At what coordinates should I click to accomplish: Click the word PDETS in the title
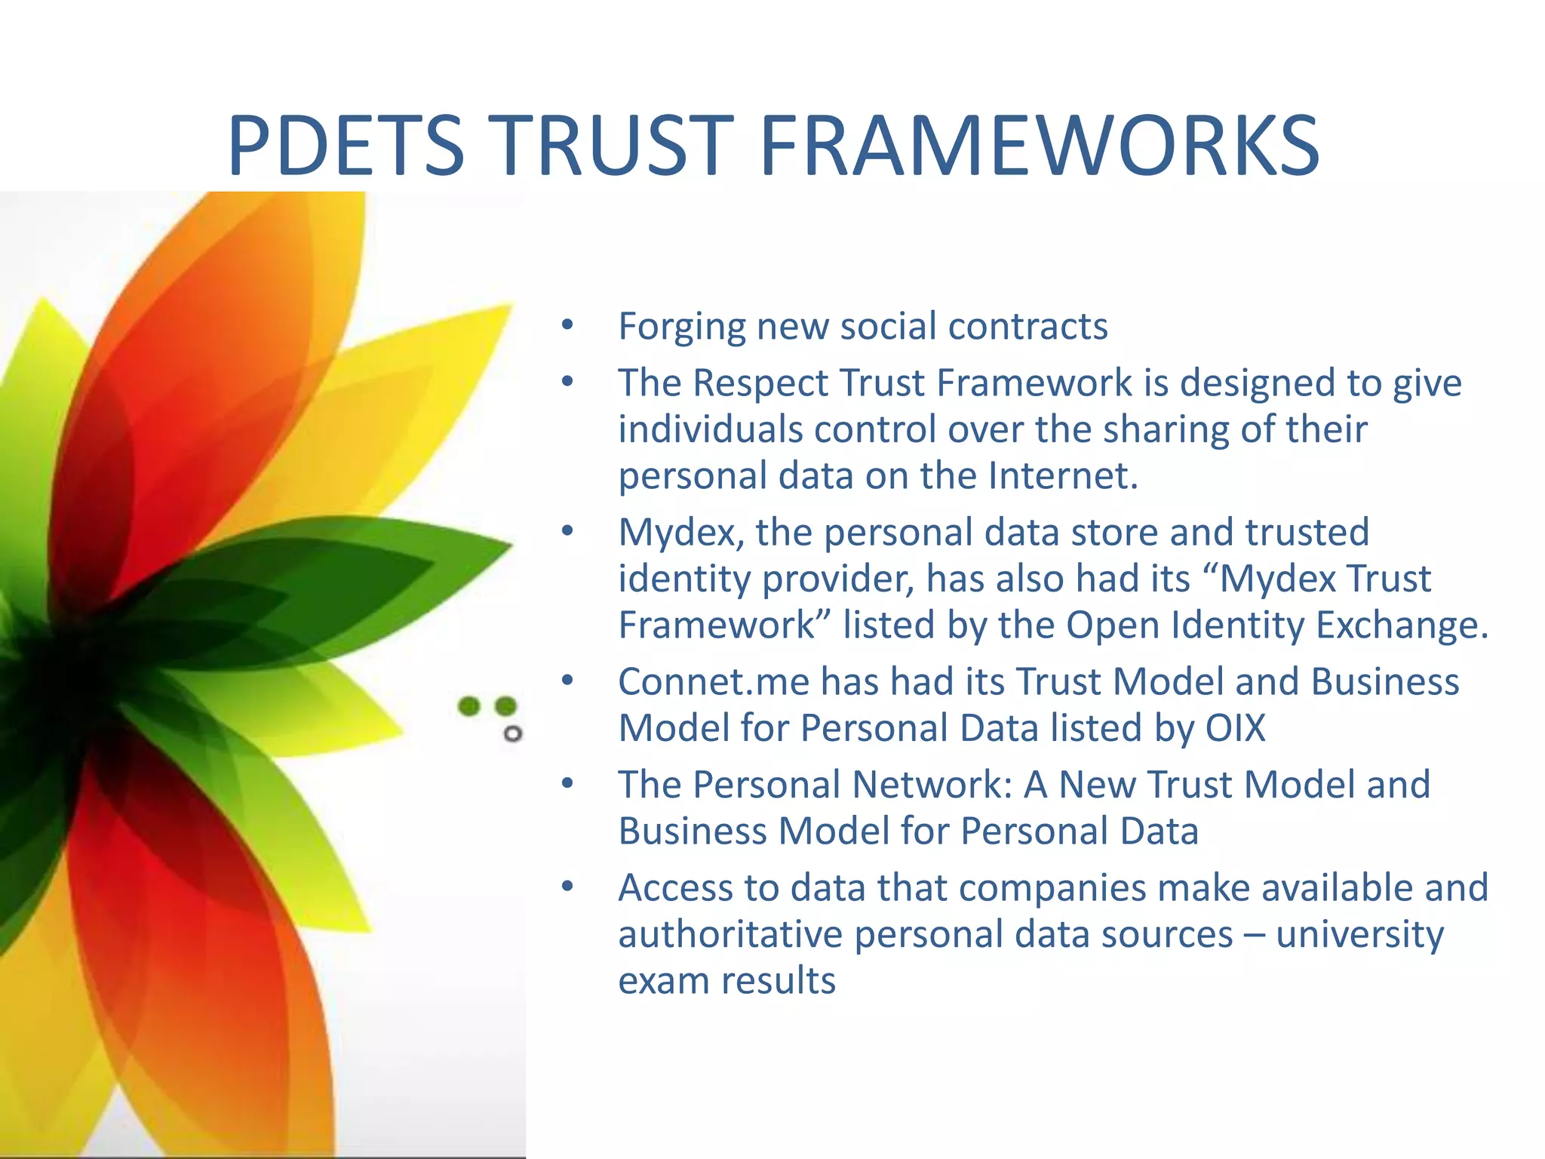pos(346,145)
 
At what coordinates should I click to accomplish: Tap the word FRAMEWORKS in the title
pos(1040,145)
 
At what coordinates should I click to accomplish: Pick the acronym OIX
pos(1235,728)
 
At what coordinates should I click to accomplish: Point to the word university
pos(1359,934)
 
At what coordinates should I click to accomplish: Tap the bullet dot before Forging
pos(567,327)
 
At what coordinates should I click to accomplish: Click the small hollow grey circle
pos(513,733)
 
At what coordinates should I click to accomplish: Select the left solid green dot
pos(469,706)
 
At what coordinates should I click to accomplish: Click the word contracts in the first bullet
pos(1027,327)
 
